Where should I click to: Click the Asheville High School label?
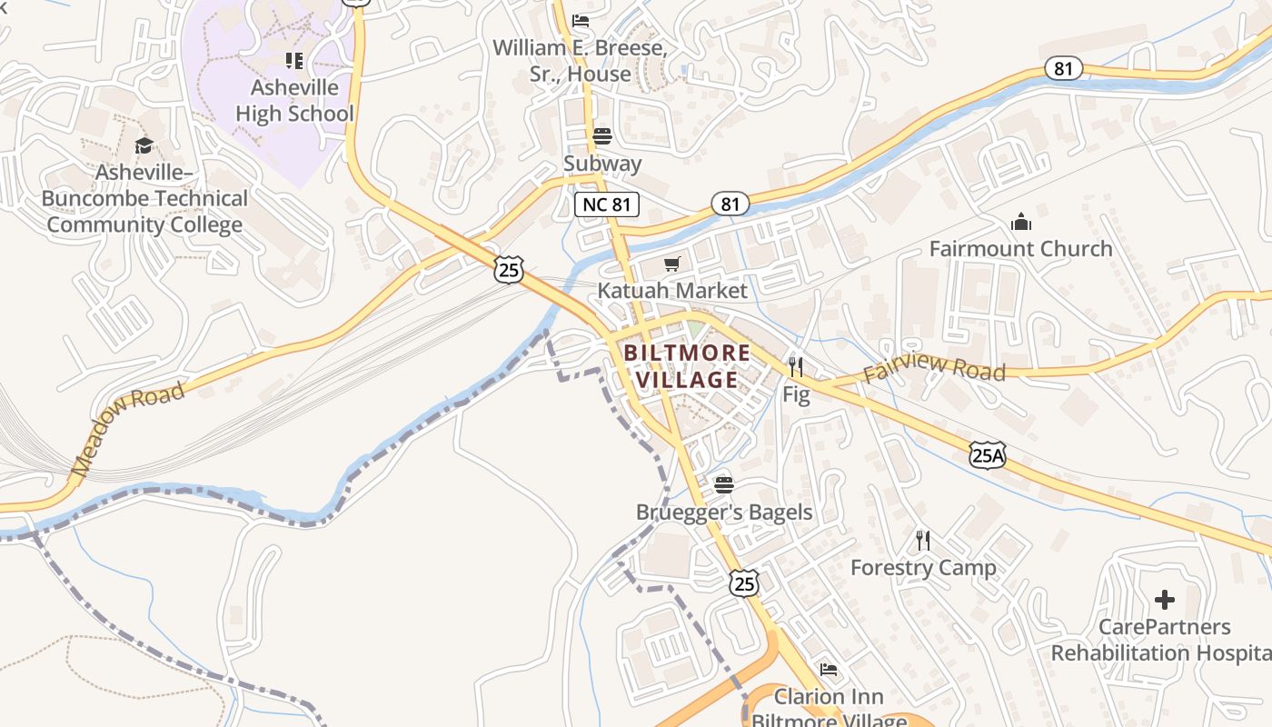(294, 101)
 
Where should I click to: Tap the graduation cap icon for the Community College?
(144, 145)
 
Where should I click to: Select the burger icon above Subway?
(601, 136)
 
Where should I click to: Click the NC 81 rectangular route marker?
(607, 204)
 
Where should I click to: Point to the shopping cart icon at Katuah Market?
(671, 264)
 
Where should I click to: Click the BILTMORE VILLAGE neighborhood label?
(687, 366)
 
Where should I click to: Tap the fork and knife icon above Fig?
(796, 367)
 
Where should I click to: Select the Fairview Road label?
(934, 369)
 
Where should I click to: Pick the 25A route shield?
(987, 454)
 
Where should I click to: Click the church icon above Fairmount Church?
(1021, 222)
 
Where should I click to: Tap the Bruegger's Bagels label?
(724, 512)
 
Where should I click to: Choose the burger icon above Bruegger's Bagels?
(723, 484)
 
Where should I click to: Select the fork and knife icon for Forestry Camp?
(923, 541)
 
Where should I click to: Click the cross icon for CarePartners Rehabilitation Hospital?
(1164, 600)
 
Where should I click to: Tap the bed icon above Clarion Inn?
(829, 670)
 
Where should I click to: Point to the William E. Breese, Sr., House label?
(580, 61)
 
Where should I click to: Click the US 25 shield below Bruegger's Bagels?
(743, 583)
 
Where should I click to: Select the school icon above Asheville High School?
(293, 61)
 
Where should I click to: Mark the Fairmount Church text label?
(1020, 249)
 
